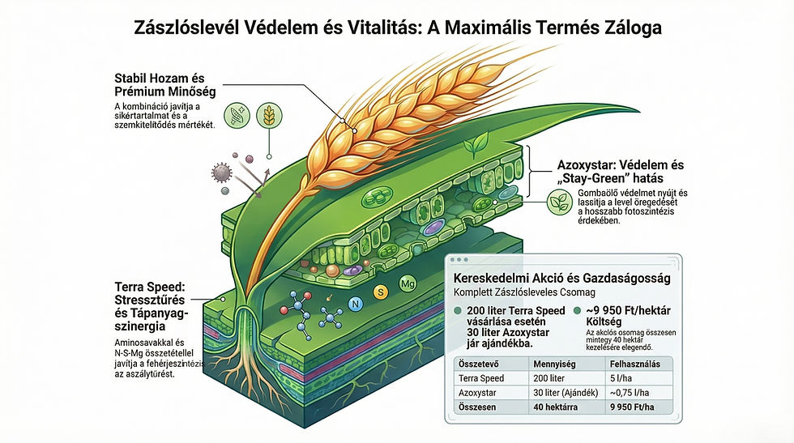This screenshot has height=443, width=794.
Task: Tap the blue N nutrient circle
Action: pos(353,304)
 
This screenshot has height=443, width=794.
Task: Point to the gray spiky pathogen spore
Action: pos(220,171)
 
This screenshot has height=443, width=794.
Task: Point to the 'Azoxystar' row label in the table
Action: pos(480,393)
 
